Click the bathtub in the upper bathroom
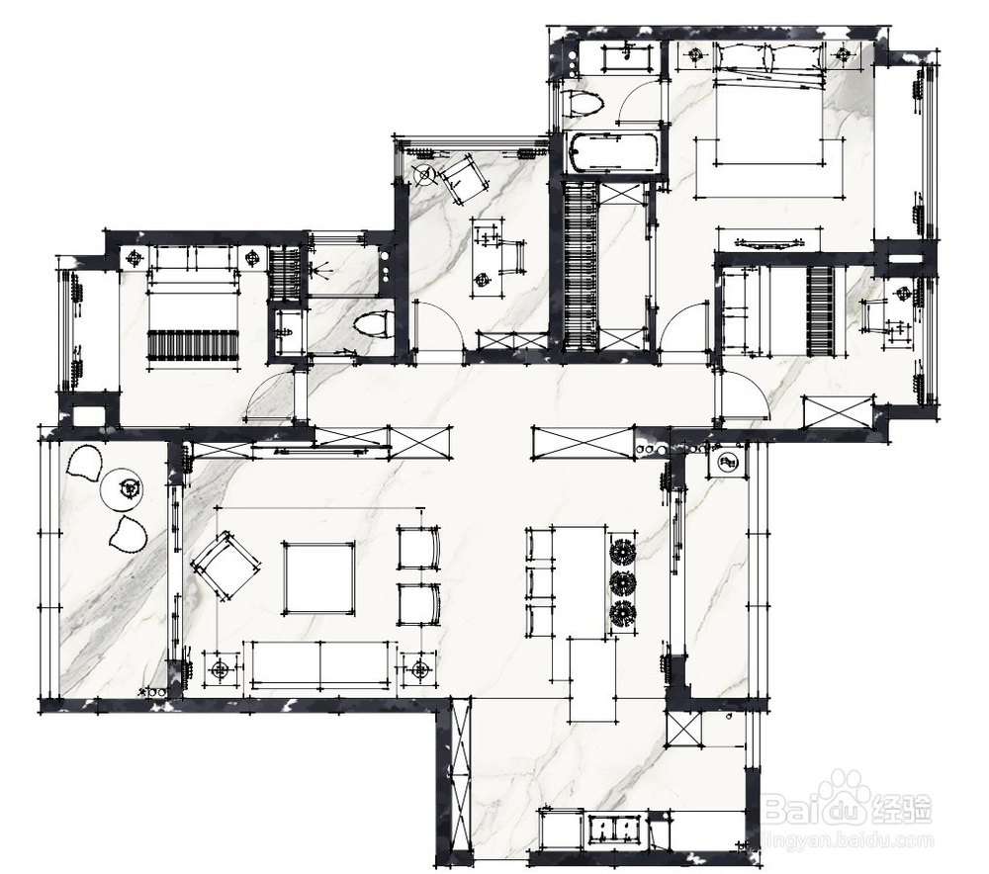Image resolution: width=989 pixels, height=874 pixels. point(611,153)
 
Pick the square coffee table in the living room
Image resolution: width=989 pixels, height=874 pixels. point(318,577)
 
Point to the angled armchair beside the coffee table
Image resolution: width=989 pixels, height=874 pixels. point(226,567)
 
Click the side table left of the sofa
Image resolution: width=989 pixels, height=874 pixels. point(220,670)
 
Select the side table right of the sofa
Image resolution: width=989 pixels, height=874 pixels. point(420,670)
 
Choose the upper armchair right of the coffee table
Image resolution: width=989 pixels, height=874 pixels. point(417,547)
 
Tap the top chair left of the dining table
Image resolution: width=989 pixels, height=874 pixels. point(539,546)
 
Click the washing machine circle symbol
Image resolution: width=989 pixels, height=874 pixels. point(728,463)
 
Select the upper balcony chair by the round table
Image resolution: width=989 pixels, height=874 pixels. point(85,463)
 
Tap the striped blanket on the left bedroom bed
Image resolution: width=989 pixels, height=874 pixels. point(193,344)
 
